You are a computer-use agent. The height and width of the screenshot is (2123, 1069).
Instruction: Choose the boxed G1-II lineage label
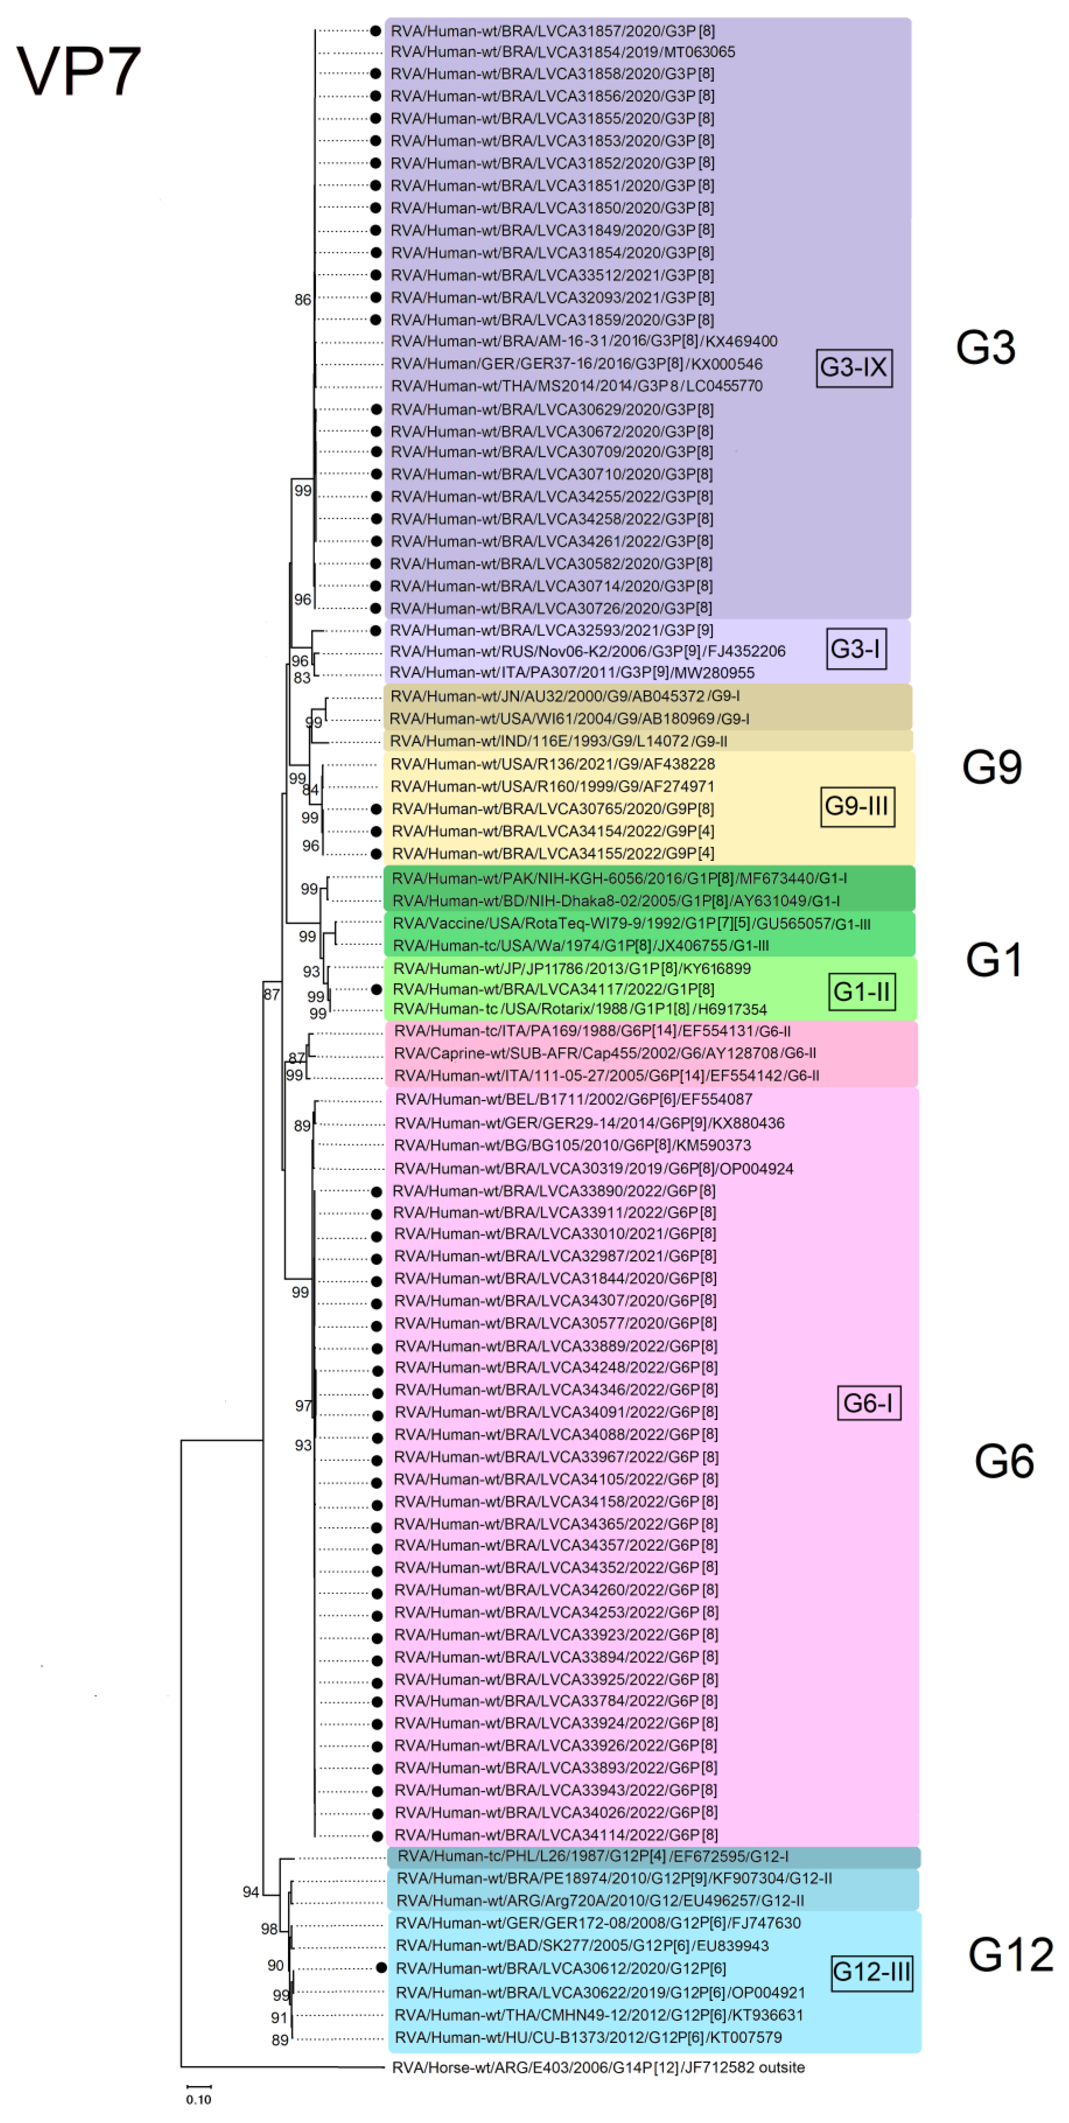coord(861,992)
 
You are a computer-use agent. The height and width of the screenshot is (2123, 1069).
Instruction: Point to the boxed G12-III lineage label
coord(871,1972)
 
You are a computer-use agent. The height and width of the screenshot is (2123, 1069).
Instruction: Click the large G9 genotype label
coord(992,767)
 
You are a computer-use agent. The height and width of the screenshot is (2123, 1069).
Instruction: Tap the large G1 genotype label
coord(994,960)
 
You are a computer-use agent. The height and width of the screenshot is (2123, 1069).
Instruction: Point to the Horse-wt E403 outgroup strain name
coord(598,2067)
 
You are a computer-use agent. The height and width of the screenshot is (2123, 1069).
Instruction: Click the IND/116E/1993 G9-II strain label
coord(558,741)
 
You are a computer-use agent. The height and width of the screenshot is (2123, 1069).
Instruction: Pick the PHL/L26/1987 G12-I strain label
coord(593,1857)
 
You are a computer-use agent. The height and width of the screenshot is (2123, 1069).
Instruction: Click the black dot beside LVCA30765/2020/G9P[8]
coord(376,809)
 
